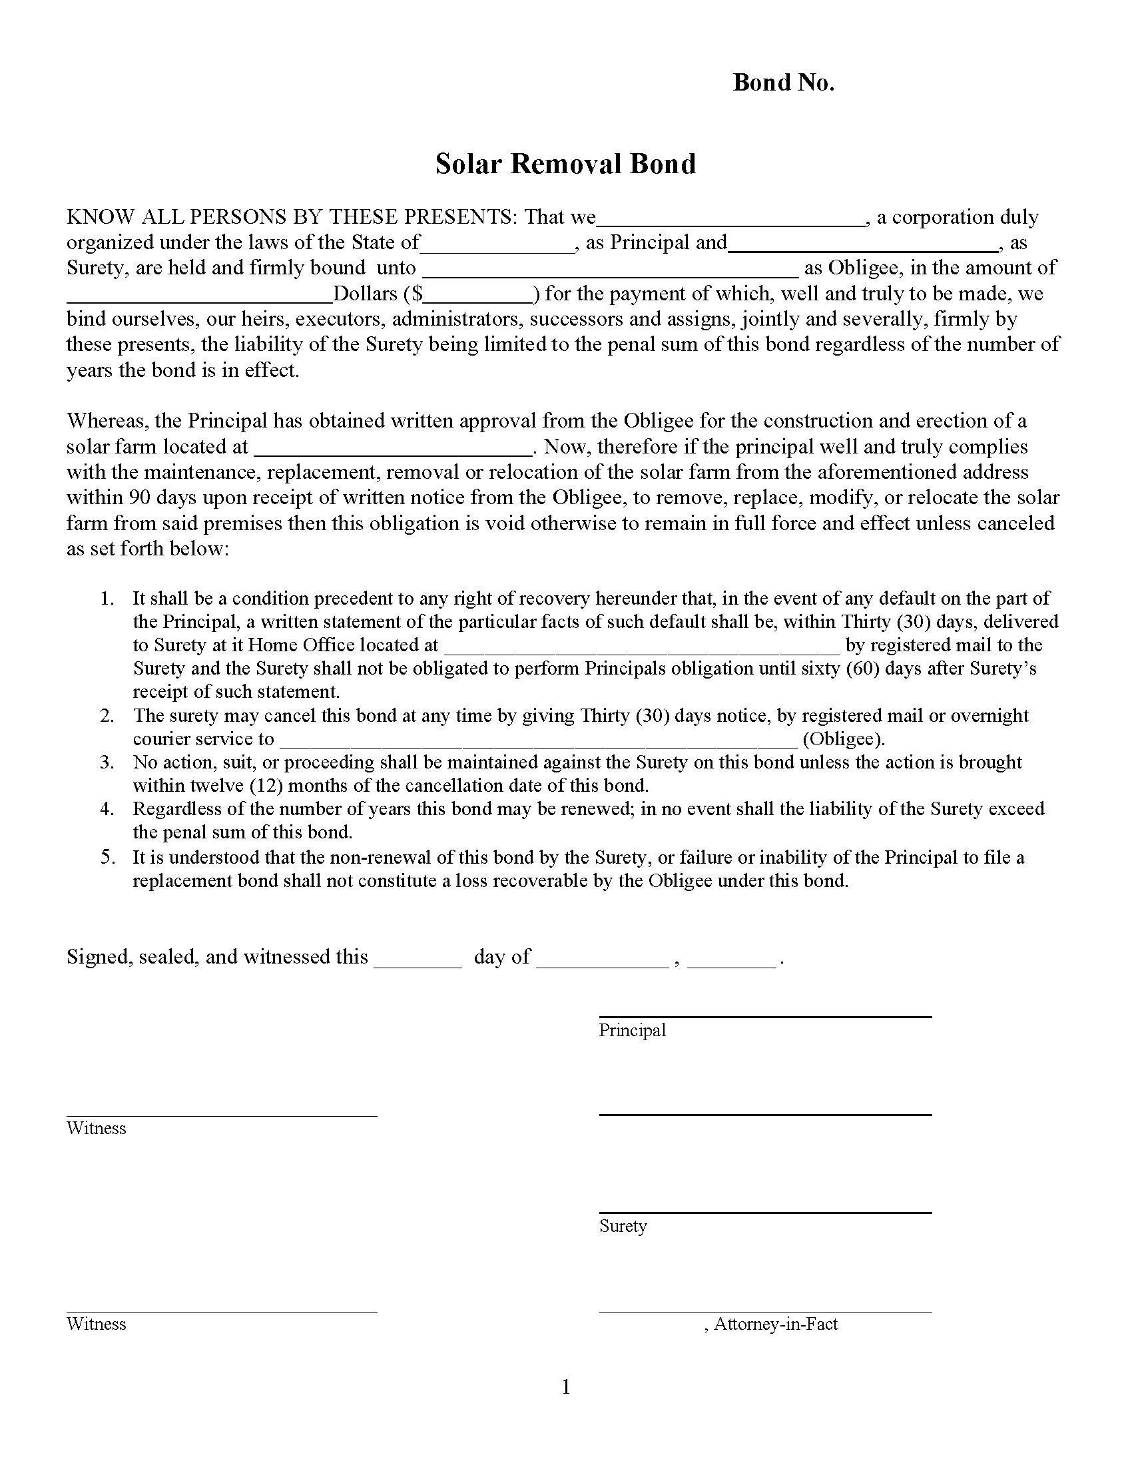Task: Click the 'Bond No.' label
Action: [x=783, y=83]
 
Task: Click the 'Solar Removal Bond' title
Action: [x=565, y=164]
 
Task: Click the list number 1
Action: [x=107, y=599]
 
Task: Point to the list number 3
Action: [x=107, y=762]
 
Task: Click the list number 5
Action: [x=107, y=857]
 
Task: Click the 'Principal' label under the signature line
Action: [x=632, y=1030]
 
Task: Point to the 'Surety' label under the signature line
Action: [x=623, y=1226]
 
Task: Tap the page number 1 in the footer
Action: [x=565, y=1386]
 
